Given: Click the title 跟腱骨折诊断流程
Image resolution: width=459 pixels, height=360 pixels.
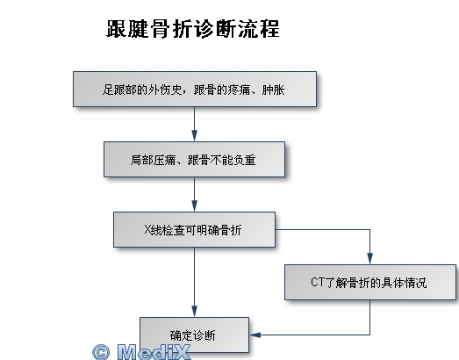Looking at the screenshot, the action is point(193,29).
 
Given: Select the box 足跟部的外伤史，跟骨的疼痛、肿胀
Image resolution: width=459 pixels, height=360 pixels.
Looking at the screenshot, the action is point(195,89).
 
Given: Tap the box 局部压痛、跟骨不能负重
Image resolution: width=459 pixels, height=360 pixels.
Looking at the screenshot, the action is point(194,159).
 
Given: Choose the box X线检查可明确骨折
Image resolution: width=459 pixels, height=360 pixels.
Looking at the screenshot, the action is point(194,230).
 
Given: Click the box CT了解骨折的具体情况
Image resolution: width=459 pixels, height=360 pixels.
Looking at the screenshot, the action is point(370,283).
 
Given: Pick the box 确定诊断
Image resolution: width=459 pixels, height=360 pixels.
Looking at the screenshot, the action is point(194,335).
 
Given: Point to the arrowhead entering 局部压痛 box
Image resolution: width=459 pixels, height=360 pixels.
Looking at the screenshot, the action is point(194,136).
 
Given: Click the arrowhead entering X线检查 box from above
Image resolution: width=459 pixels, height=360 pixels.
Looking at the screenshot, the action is point(194,206).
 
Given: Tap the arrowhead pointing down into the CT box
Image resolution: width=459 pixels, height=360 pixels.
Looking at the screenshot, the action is point(370,259).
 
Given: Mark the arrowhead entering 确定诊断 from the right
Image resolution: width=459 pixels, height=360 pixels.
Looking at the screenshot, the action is point(255,335).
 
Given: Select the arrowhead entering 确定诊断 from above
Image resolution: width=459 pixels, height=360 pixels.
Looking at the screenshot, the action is point(194,312).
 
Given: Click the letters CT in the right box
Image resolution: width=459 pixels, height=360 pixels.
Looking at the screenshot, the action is point(318,283).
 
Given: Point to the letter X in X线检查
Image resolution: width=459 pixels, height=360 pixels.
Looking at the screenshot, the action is point(147,230).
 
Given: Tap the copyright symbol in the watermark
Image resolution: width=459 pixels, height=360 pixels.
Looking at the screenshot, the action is point(101,352).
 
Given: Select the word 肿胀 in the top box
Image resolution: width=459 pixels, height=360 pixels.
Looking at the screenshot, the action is point(274,90).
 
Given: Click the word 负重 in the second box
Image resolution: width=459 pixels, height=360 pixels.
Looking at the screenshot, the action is point(245,160).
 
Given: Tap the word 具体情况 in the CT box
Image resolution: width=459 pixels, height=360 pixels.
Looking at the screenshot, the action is point(404,283).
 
